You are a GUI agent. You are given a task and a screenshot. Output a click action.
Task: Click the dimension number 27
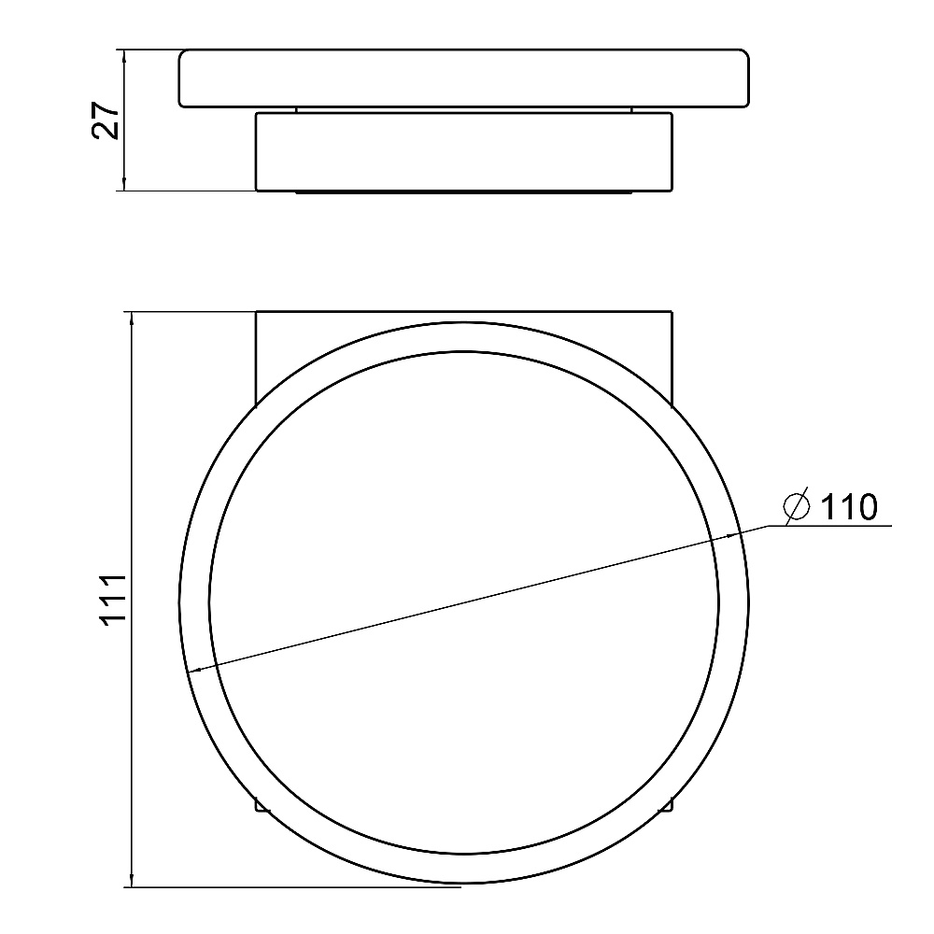(x=106, y=120)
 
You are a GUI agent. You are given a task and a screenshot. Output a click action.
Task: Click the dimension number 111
(x=113, y=600)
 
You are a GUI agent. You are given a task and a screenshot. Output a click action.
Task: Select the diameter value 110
(x=849, y=507)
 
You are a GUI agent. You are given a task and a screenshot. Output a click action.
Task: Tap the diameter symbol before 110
(x=797, y=507)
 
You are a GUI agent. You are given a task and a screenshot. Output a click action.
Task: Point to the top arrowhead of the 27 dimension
(x=124, y=58)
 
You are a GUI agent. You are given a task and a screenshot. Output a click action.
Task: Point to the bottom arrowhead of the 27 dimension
(x=124, y=183)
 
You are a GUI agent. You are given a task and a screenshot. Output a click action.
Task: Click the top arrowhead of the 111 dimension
(x=132, y=319)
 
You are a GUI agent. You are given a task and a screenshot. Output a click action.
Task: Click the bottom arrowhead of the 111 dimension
(x=132, y=879)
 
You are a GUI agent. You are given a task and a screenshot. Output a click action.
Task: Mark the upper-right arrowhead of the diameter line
(x=730, y=536)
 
